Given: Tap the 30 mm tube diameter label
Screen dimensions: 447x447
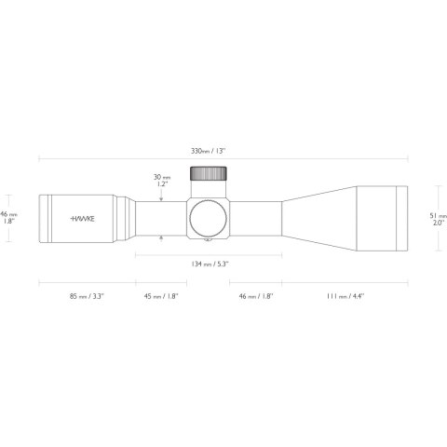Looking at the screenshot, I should coord(162,175).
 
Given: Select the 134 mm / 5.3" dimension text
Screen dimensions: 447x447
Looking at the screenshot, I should coord(209,264).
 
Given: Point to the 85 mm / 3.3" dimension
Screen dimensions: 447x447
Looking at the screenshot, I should coord(86,296).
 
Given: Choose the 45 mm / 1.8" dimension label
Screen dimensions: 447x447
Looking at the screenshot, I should coord(160,296).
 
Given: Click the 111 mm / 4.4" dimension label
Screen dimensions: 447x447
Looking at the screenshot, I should coord(345,296).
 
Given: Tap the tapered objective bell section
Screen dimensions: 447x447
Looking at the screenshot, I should coord(317,218).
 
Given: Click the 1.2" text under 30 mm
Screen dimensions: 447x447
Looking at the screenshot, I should coord(162,184).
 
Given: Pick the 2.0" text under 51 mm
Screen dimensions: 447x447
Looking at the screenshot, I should coord(439,223).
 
